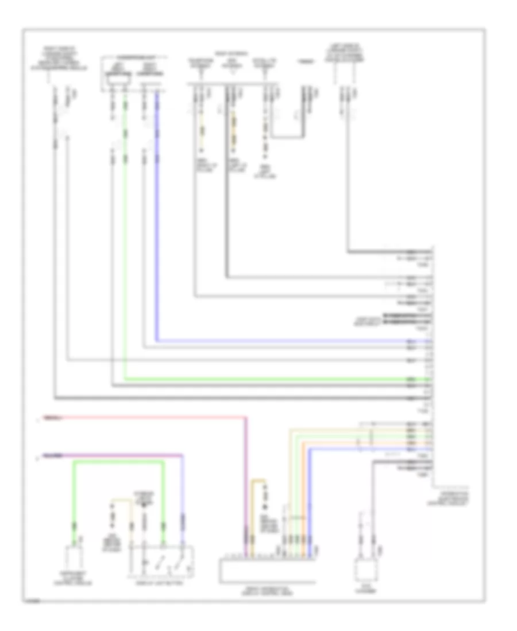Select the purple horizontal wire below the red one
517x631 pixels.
(115, 457)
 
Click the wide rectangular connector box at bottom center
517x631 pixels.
(267, 568)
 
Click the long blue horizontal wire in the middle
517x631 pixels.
(287, 341)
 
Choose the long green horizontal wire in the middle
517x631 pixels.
(276, 380)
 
